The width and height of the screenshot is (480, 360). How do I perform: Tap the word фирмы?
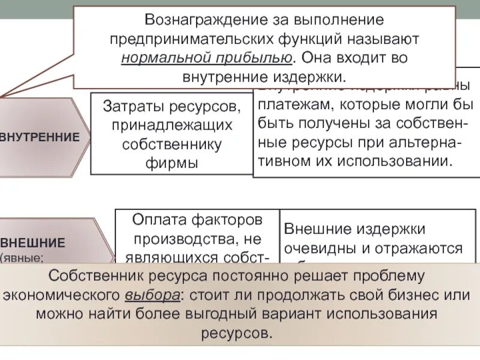tap(172, 163)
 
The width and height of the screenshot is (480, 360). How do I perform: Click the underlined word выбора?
tap(152, 295)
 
